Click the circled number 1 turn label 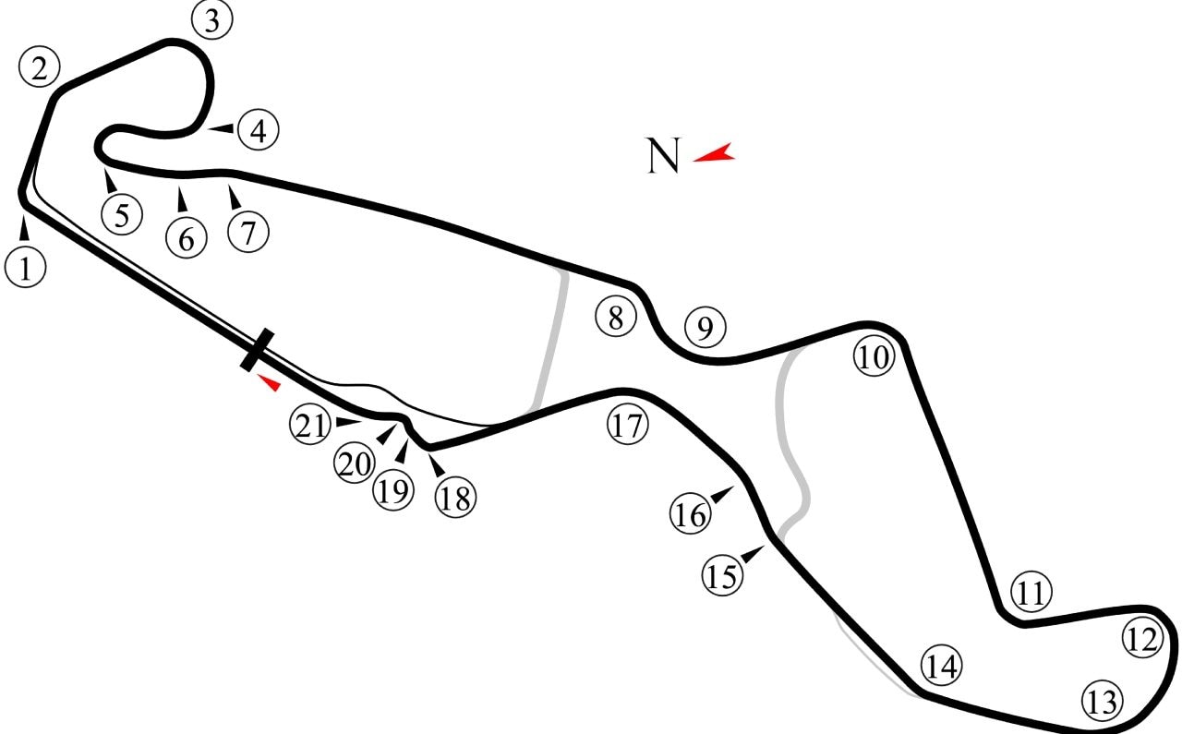[25, 267]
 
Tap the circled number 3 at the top [211, 19]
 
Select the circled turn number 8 [616, 317]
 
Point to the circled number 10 [874, 356]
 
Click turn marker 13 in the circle [1103, 702]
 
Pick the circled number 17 [627, 426]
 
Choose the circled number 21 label [310, 425]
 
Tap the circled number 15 [722, 575]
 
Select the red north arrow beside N [714, 152]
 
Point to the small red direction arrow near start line [269, 382]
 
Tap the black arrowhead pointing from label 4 [222, 128]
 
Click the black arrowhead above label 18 [437, 465]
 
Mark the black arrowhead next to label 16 [722, 495]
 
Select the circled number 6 [187, 238]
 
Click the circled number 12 [1142, 639]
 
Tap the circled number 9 [706, 327]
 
